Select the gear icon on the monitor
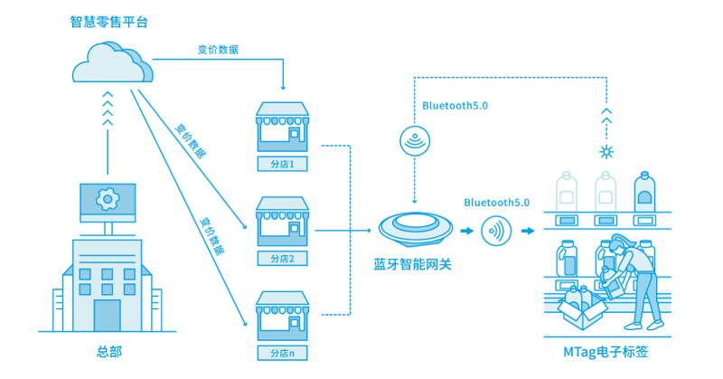point(108,198)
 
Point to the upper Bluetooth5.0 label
point(455,106)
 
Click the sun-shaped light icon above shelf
point(606,150)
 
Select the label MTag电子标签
point(605,352)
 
